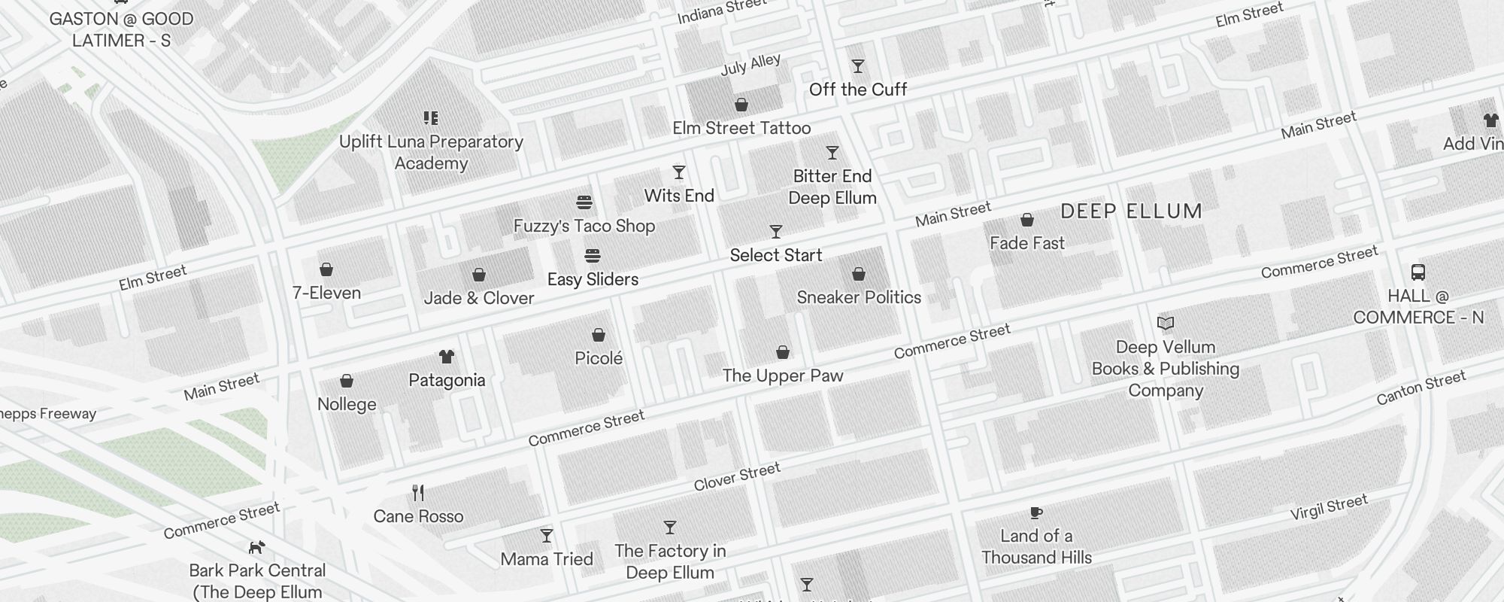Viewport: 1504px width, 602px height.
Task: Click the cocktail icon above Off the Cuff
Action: (x=857, y=66)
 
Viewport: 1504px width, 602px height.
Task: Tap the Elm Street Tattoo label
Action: (x=741, y=128)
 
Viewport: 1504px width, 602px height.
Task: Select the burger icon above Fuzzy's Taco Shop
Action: (x=584, y=202)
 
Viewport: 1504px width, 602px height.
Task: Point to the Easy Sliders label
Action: (x=593, y=279)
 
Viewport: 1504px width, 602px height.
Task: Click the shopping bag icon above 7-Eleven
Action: (x=326, y=269)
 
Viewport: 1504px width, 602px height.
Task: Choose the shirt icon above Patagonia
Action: (x=447, y=356)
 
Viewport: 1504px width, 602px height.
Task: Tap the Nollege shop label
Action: (x=347, y=404)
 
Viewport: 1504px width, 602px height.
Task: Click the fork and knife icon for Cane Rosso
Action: (x=418, y=493)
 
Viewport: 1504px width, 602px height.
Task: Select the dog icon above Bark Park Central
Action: (x=257, y=547)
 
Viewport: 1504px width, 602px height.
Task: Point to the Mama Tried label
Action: (x=547, y=559)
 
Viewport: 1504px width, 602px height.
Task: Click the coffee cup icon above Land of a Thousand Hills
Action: (x=1036, y=513)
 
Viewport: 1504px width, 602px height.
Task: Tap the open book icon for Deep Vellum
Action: (x=1166, y=324)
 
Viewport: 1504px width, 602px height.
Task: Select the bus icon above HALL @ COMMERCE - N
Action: (x=1418, y=272)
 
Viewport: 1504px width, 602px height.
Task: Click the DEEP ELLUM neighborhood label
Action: (x=1131, y=211)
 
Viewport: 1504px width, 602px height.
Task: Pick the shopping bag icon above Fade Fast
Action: (x=1027, y=220)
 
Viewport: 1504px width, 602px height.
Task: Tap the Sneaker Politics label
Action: (x=859, y=297)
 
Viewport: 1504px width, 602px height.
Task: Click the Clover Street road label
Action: (x=737, y=477)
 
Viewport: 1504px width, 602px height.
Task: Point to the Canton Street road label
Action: (x=1421, y=388)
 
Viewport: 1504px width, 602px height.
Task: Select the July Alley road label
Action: (x=750, y=65)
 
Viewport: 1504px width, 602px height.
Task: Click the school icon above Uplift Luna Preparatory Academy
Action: (x=431, y=118)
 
